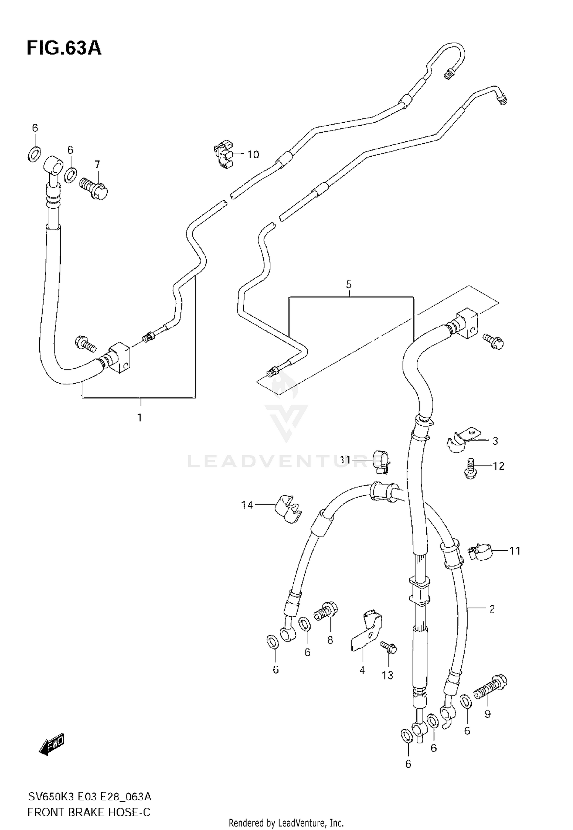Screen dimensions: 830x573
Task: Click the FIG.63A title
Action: [64, 49]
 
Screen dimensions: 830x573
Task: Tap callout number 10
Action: [253, 154]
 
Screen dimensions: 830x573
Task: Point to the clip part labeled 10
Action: [224, 154]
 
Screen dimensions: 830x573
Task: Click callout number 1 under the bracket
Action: [140, 417]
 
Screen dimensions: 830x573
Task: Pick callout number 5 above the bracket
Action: [348, 284]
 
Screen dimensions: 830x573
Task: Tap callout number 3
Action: [495, 441]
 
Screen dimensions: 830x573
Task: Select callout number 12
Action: [499, 466]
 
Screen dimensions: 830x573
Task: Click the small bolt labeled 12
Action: [470, 468]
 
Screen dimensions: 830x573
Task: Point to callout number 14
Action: [247, 505]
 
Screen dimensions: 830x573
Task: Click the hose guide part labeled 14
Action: [288, 508]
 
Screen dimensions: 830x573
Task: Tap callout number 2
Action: [492, 609]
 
